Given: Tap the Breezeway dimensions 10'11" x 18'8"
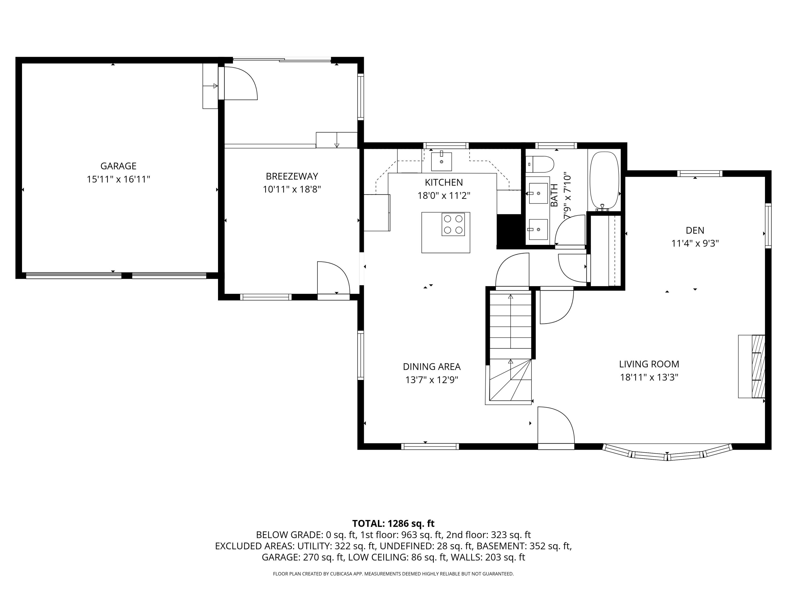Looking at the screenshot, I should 292,189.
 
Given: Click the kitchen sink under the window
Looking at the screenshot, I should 441,162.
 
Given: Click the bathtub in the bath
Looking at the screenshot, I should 604,181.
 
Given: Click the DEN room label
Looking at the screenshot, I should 694,230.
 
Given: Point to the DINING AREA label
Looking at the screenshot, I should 432,367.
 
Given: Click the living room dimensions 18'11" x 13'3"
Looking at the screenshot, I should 649,377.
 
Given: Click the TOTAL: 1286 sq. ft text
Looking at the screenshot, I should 393,523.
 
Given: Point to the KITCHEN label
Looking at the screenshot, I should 444,183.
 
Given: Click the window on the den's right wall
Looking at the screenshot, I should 768,226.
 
